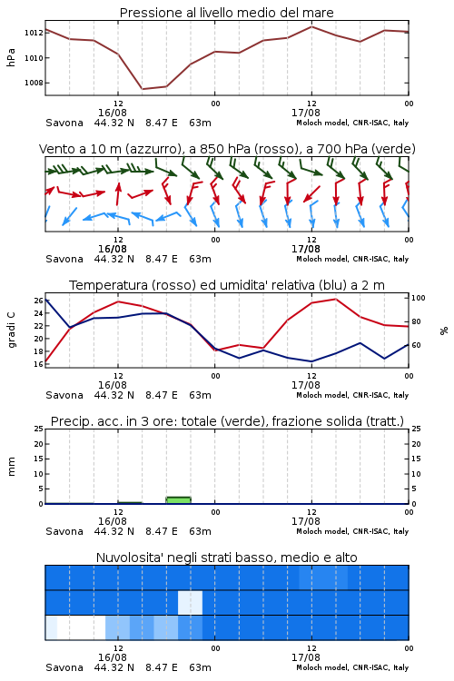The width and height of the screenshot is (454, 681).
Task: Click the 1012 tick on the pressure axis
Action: point(33,33)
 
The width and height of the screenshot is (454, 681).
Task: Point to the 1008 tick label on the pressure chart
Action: point(33,83)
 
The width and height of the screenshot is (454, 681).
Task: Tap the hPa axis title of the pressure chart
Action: point(11,57)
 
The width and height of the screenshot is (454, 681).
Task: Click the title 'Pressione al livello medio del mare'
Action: point(227,13)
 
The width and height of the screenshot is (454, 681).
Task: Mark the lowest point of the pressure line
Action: point(142,89)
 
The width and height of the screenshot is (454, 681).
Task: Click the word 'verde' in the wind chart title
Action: point(394,149)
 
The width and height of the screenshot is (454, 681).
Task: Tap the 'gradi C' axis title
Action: point(11,331)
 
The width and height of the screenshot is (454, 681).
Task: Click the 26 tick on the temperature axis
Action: point(38,301)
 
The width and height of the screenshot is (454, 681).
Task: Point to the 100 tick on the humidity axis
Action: point(418,298)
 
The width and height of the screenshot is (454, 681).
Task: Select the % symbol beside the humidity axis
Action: point(444,331)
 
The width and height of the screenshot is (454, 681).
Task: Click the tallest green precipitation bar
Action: point(179,500)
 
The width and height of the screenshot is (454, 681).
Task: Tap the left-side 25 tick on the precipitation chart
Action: point(38,429)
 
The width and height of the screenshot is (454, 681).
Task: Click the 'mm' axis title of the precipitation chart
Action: point(11,467)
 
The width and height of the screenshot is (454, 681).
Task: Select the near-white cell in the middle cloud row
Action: point(191,602)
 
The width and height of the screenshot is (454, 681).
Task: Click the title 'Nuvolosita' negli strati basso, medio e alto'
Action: point(227,558)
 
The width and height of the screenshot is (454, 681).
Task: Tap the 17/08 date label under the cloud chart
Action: point(306,657)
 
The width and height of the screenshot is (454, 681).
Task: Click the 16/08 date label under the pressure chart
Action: point(113,113)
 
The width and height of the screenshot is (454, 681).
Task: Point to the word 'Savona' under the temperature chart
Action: point(64,395)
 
